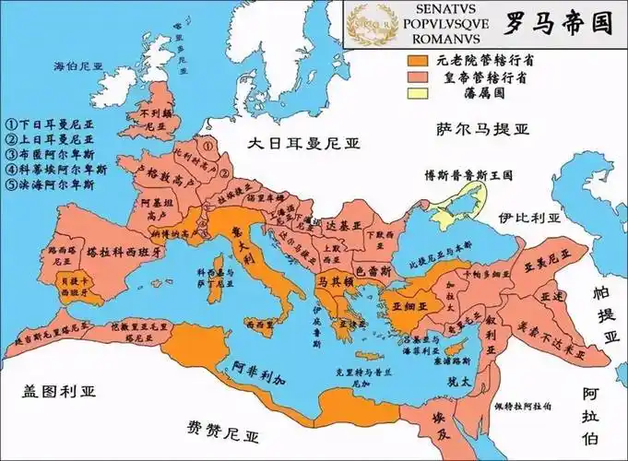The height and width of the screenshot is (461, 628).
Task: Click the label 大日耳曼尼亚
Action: click(305, 143)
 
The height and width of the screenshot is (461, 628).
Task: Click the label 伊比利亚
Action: click(529, 219)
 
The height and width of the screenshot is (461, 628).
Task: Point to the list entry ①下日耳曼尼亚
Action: click(50, 122)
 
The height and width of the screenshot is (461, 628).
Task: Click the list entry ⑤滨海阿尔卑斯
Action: click(50, 184)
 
